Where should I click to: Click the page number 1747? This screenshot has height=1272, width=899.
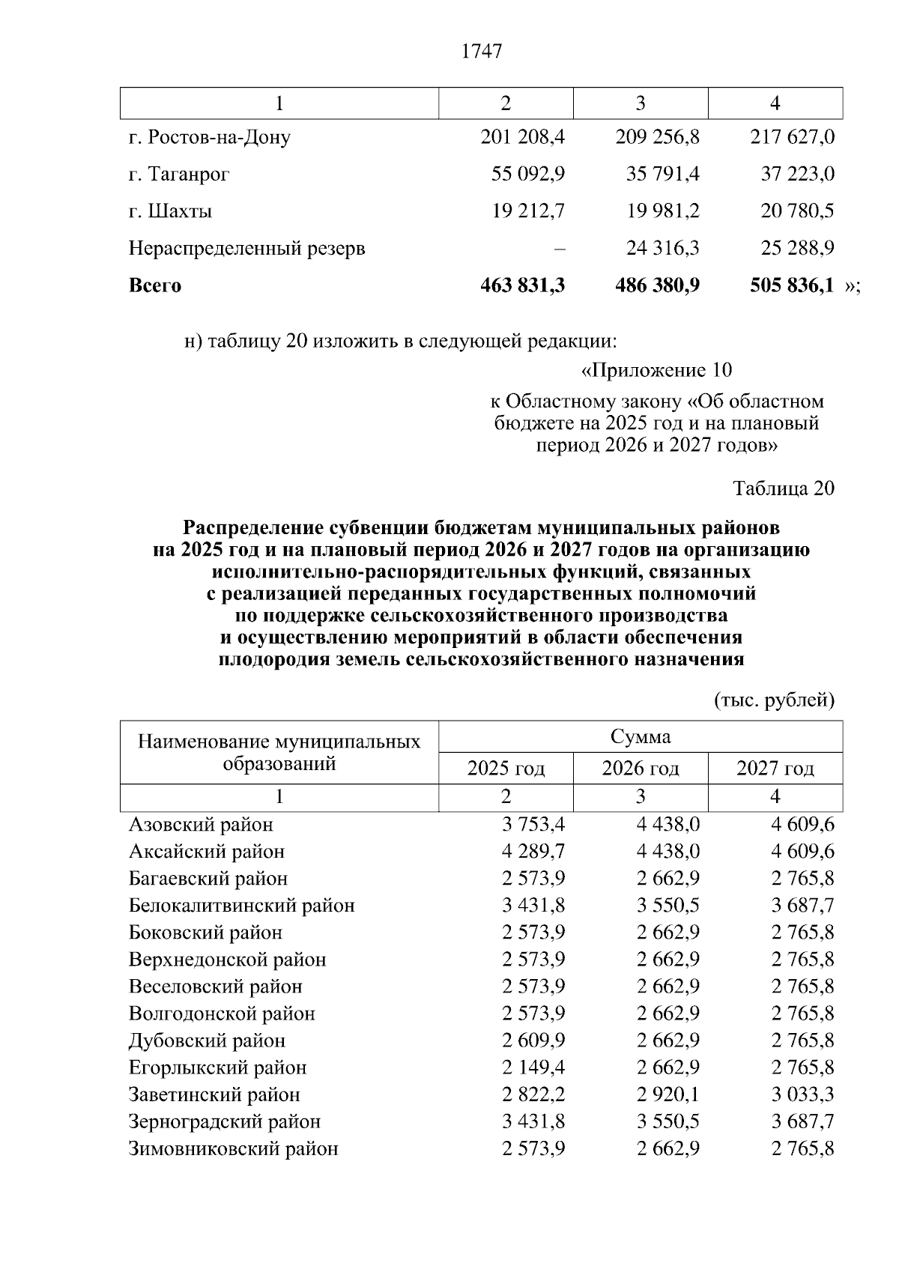coord(481,52)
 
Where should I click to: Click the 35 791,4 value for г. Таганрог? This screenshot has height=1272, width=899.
coord(662,175)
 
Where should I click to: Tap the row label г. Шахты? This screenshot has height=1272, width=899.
coord(170,211)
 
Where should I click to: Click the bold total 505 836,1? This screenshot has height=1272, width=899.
coord(792,285)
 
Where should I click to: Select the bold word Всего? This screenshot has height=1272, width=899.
coord(155,285)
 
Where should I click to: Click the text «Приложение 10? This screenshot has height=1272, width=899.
coord(656,370)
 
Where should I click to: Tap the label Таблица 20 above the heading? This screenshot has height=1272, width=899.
coord(783,488)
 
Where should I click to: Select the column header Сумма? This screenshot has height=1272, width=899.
coord(641,736)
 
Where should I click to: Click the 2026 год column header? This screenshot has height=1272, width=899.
coord(641,769)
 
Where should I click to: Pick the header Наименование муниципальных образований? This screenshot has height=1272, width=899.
coord(279,752)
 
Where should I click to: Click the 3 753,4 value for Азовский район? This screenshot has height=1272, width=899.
coord(533,825)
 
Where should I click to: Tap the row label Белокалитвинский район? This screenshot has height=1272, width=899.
coord(241,906)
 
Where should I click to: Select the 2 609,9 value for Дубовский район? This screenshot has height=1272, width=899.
coord(533,1041)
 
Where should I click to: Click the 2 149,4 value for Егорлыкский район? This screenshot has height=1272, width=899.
coord(533,1067)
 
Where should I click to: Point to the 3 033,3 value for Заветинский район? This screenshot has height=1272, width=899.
coord(803,1094)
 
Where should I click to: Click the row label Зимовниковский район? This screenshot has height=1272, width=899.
coord(233,1148)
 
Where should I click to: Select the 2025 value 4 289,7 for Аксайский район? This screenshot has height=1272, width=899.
coord(533,852)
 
